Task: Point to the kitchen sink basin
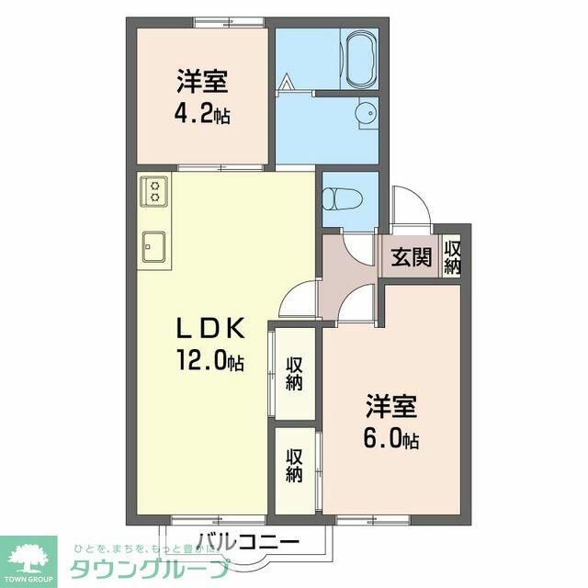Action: [x=153, y=246]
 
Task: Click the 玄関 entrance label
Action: [x=410, y=257]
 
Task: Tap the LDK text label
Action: [x=209, y=328]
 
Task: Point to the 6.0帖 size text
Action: [x=392, y=440]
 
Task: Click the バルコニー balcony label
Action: [x=248, y=542]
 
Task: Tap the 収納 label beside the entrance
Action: [x=452, y=256]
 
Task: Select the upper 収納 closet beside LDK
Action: [x=294, y=373]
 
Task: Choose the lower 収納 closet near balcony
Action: [x=294, y=466]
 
